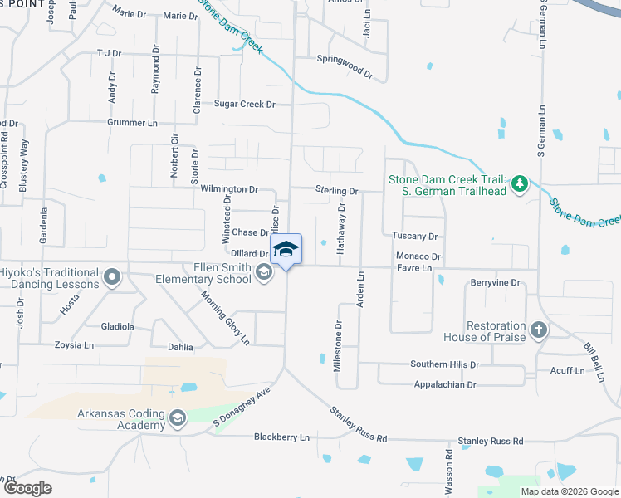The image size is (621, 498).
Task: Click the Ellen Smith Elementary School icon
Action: pyautogui.click(x=264, y=272)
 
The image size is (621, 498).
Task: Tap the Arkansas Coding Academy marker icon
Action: pyautogui.click(x=177, y=419)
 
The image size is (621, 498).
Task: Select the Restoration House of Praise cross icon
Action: pyautogui.click(x=539, y=331)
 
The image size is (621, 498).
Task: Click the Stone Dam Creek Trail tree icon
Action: pyautogui.click(x=520, y=183)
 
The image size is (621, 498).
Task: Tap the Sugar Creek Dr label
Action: pyautogui.click(x=244, y=105)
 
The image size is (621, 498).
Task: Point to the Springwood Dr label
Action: pyautogui.click(x=345, y=66)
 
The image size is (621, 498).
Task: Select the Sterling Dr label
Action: pyautogui.click(x=336, y=191)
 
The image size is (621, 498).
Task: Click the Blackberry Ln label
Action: pyautogui.click(x=281, y=437)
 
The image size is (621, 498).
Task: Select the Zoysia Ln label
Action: pyautogui.click(x=74, y=345)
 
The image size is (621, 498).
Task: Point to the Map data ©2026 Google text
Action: pyautogui.click(x=569, y=491)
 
